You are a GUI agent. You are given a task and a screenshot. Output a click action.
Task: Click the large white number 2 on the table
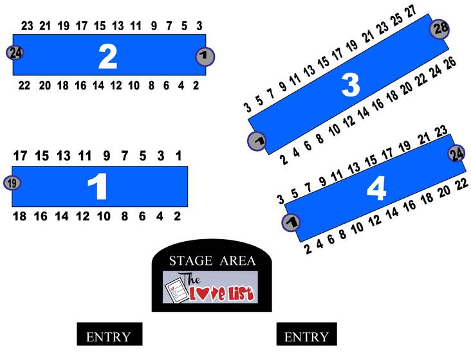pos(107,56)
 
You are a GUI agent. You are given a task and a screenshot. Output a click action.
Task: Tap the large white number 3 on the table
pos(351,85)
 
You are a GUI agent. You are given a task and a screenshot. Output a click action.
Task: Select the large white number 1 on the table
pos(98,186)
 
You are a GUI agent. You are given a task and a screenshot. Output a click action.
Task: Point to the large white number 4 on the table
pos(376,188)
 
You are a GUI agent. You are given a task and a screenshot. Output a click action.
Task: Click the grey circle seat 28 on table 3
pos(439,29)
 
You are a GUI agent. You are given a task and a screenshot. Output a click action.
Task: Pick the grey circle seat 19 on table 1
pos(12,183)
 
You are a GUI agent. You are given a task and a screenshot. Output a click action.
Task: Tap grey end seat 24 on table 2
pos(15,53)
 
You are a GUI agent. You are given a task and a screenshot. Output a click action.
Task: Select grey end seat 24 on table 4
pos(457,154)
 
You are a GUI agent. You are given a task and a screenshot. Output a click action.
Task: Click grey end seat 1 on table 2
pos(205,57)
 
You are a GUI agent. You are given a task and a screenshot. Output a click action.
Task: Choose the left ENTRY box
pos(109,334)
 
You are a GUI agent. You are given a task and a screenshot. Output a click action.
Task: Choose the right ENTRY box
pos(307,334)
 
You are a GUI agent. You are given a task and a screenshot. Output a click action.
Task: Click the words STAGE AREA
pos(212,261)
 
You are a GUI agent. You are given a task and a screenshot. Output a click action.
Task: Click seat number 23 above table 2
pos(27,26)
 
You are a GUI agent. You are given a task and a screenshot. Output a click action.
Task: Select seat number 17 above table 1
pos(20,156)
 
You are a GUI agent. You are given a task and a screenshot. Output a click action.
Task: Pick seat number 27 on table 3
pos(410,11)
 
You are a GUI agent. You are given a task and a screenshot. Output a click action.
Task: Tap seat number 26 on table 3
pos(450,63)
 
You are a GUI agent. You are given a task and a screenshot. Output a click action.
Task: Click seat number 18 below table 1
pos(19,216)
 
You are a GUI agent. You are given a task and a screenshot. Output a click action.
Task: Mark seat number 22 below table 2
pos(24,85)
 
